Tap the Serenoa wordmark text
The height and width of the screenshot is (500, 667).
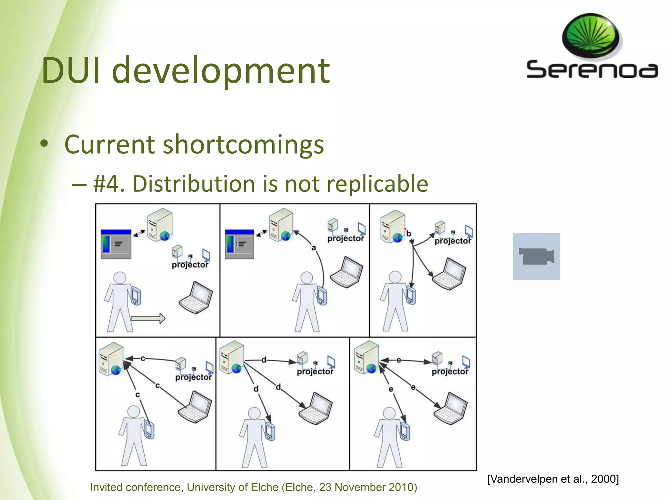pyautogui.click(x=592, y=70)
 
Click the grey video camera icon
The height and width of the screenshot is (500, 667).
pyautogui.click(x=536, y=257)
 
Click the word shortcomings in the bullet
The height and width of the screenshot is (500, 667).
pyautogui.click(x=243, y=144)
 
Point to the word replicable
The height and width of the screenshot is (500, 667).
pyautogui.click(x=377, y=184)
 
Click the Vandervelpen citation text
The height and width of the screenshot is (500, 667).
pyautogui.click(x=553, y=479)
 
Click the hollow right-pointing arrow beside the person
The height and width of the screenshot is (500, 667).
pyautogui.click(x=148, y=318)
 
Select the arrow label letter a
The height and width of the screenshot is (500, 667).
pyautogui.click(x=313, y=248)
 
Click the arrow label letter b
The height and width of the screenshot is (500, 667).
pyautogui.click(x=408, y=233)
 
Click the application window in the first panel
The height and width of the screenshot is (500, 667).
pyautogui.click(x=116, y=244)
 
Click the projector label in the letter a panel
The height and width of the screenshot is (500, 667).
pyautogui.click(x=346, y=239)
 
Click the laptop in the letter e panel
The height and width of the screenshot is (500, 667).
pyautogui.click(x=451, y=408)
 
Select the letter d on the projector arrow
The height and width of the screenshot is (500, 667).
pyautogui.click(x=264, y=360)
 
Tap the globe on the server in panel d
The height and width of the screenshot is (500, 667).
pyautogui.click(x=237, y=368)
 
